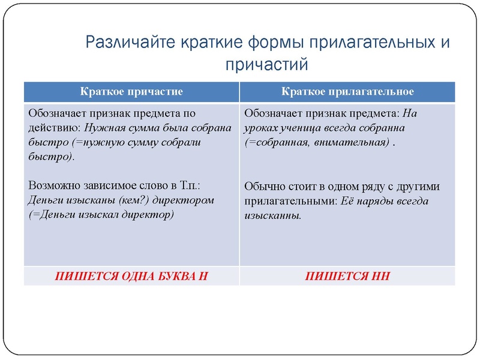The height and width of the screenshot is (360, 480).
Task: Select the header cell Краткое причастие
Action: coord(131,92)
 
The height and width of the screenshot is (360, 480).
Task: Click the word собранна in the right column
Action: coord(385,128)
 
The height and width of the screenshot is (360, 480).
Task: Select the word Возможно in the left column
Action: coord(51,185)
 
